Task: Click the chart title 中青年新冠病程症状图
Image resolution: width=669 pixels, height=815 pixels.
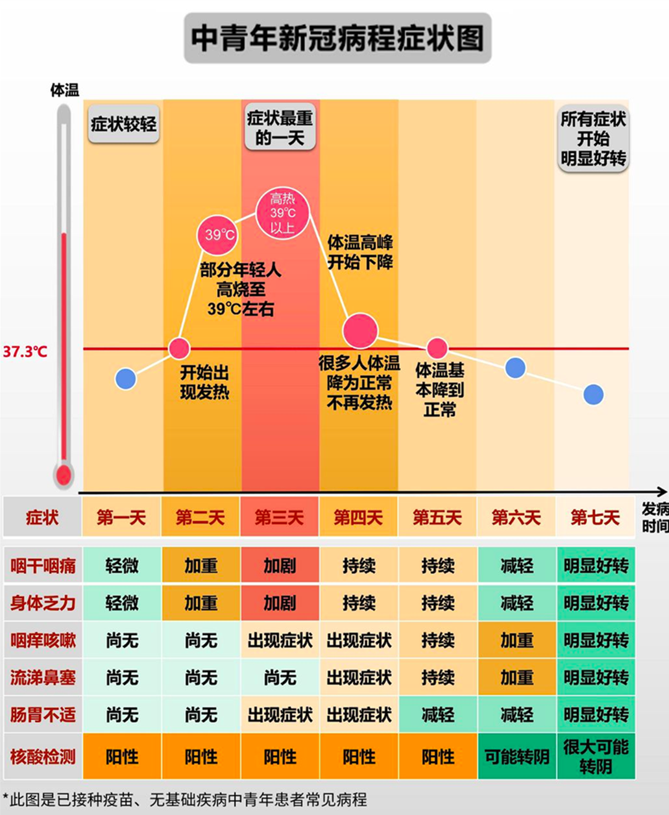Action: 337,38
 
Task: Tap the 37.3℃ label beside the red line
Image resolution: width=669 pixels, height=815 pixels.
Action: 25,352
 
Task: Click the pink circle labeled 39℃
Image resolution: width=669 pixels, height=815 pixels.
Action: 217,234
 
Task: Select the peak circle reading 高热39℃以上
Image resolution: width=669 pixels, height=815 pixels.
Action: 282,213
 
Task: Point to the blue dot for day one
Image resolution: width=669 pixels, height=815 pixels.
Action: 126,379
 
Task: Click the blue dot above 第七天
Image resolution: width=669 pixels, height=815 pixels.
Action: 593,394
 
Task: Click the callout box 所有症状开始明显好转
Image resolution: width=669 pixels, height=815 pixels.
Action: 593,139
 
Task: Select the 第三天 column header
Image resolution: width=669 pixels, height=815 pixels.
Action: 279,518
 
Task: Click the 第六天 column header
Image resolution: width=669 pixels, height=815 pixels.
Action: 516,518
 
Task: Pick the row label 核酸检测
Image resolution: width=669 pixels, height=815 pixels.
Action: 43,757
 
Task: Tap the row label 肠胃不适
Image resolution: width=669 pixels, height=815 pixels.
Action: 43,715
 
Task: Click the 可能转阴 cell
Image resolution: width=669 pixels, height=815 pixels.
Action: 517,757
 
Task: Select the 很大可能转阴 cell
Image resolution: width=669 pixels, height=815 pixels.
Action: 596,757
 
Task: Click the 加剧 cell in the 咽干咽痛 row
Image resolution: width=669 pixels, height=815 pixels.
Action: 280,566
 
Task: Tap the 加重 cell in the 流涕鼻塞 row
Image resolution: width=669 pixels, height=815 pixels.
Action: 517,678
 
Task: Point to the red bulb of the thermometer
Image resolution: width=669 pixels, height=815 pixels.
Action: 64,475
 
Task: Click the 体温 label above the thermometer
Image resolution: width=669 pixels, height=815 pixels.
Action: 64,90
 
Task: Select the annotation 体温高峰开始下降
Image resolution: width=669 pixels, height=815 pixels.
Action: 359,253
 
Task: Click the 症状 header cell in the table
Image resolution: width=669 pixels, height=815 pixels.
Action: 42,518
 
